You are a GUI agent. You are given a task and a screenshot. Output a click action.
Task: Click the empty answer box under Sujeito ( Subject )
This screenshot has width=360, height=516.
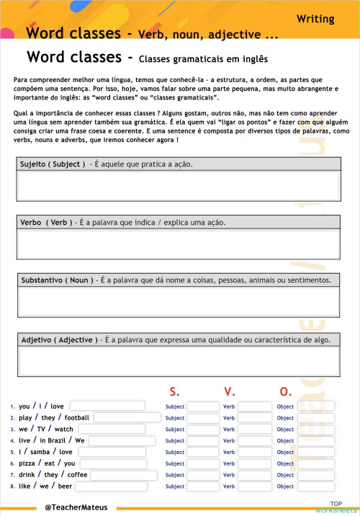coord(179,186)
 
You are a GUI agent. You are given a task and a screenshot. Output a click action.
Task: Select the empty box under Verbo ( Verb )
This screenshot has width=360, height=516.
coord(179,244)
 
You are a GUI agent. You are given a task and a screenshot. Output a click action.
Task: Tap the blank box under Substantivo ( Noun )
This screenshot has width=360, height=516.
coord(179,302)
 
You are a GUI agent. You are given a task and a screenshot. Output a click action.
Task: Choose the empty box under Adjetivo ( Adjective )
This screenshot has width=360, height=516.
coord(179,361)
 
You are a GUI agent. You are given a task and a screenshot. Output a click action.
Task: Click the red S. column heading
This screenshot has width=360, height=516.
coord(174,391)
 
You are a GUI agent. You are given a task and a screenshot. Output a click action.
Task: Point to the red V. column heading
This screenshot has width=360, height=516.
coord(230,391)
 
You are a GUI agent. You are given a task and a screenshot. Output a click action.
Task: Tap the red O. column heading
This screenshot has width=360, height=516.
coord(286,391)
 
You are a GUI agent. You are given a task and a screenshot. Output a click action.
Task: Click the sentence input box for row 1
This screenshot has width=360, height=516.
coord(107,406)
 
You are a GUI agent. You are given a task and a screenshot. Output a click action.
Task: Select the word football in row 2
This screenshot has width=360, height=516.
coord(77,417)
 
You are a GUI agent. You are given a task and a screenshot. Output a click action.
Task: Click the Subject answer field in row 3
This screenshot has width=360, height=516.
coord(202,430)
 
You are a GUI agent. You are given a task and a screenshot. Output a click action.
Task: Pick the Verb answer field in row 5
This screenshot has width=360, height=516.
coord(255,452)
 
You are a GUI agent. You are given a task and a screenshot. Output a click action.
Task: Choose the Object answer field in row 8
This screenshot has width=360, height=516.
coord(315,486)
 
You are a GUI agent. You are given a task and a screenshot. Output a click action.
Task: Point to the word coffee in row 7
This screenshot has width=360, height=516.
coord(77,475)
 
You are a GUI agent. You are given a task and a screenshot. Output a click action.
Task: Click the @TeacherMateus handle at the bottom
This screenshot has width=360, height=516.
coord(76,507)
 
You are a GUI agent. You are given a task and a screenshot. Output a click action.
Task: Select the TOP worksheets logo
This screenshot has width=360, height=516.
coord(336,507)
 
